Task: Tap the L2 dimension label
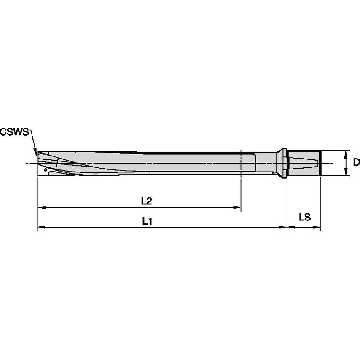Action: point(146,201)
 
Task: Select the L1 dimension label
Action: point(146,220)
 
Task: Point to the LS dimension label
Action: point(304,217)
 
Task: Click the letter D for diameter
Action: point(356,162)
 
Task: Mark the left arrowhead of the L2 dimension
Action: point(41,207)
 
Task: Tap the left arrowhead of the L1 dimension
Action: point(41,227)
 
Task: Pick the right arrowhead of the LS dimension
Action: point(317,227)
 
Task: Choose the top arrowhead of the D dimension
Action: point(346,153)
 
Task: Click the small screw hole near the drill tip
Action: point(45,169)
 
